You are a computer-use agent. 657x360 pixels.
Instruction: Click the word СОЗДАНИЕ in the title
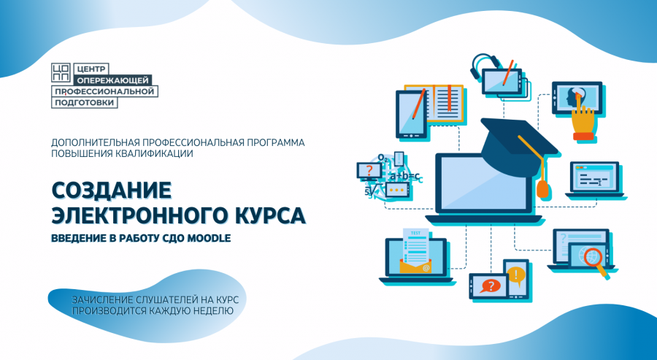click(112, 191)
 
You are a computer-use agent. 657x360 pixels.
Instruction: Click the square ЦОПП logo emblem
click(61, 72)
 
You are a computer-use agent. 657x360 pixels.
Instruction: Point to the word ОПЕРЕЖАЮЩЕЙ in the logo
click(113, 80)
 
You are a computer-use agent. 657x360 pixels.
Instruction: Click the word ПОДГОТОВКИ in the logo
click(85, 102)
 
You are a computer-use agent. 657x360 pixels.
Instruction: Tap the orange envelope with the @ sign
click(415, 266)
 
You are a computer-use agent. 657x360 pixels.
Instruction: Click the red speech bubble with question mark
click(491, 286)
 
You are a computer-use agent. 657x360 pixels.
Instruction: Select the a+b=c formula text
click(404, 176)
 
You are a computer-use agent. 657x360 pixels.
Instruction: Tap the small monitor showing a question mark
click(369, 172)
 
